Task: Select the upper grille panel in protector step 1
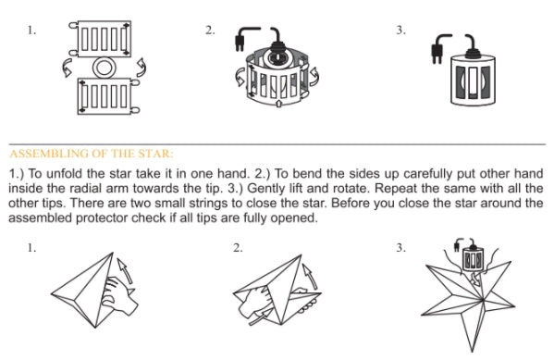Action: coord(105,39)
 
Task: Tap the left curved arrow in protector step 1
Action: coord(67,68)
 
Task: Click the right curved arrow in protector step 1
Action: coord(141,68)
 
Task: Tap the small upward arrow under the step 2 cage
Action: coord(278,104)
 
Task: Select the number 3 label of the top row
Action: coord(401,30)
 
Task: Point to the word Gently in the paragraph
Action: coord(266,189)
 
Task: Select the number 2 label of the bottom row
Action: coord(238,248)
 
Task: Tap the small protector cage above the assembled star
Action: coord(473,258)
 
